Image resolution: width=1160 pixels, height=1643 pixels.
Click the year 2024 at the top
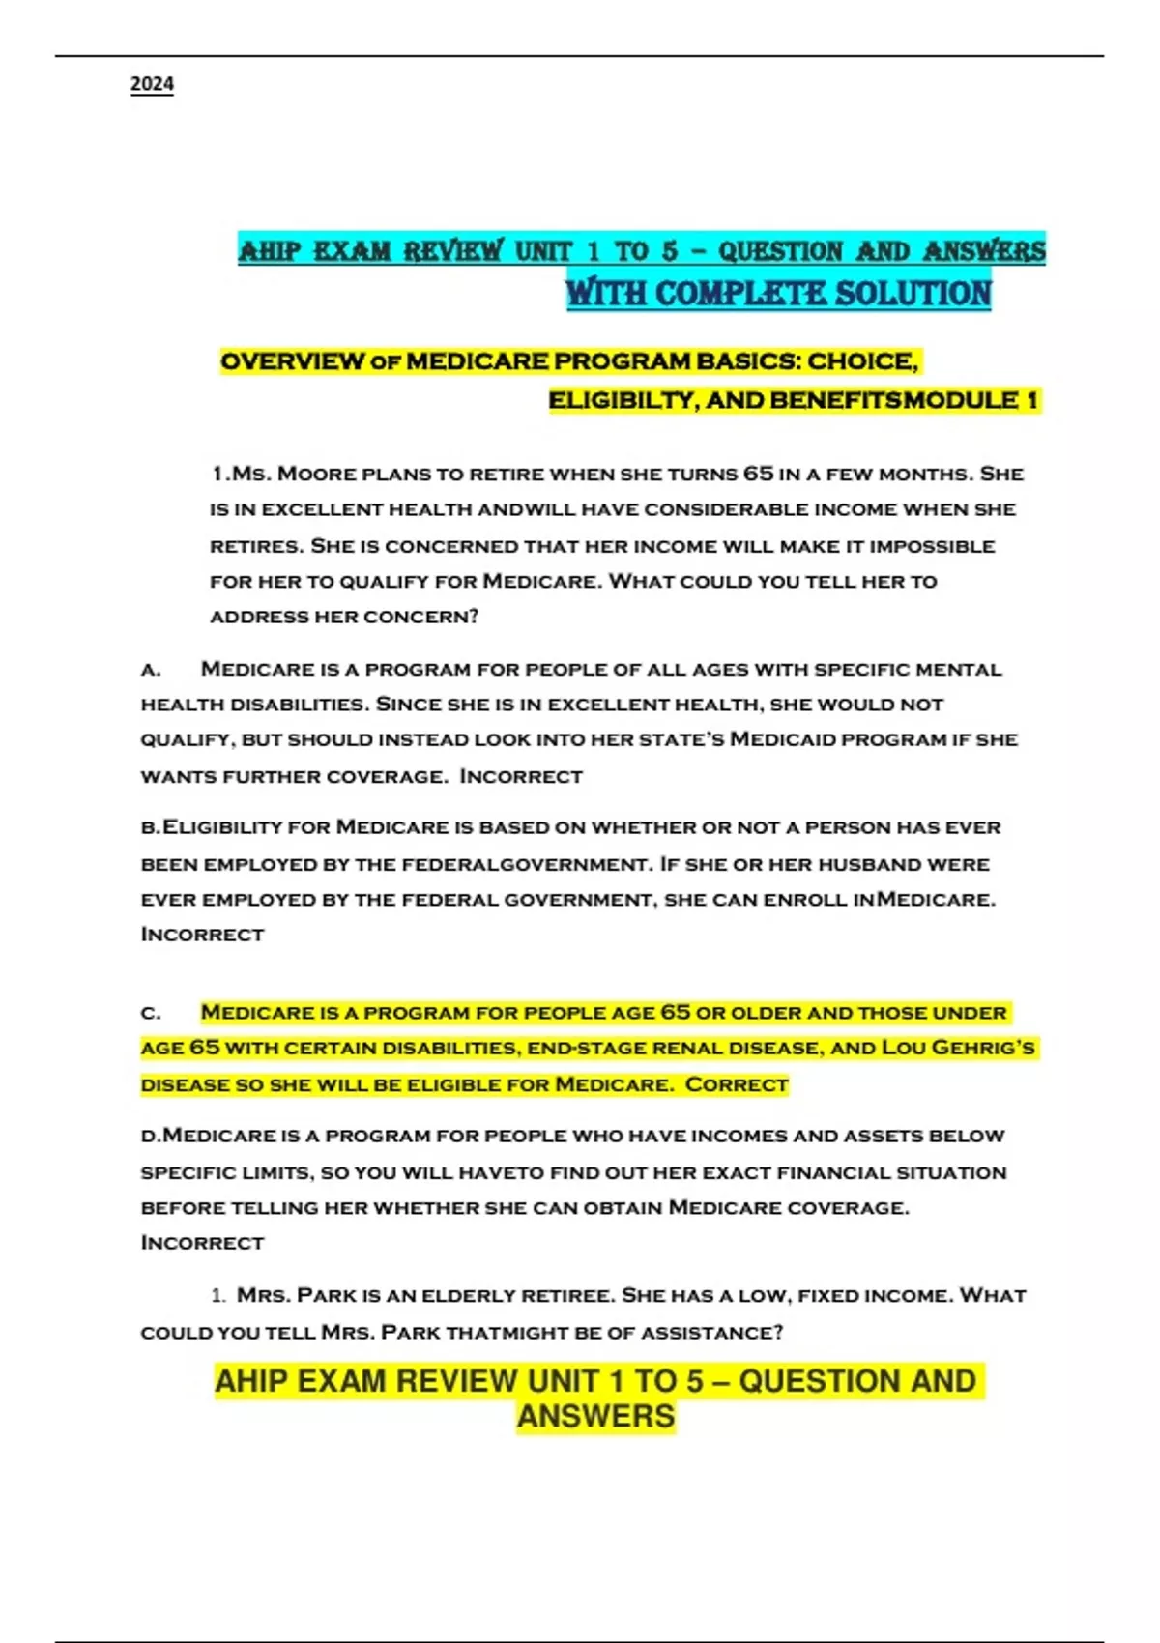coord(152,85)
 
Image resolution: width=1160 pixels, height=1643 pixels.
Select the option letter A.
coord(150,670)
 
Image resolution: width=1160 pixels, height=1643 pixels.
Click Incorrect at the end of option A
coord(521,777)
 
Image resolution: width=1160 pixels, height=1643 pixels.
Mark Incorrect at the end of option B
coord(202,935)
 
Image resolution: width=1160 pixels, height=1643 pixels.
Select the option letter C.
coord(150,1014)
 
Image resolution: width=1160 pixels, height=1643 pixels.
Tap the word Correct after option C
coord(737,1085)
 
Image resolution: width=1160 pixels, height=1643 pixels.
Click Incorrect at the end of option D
coord(202,1243)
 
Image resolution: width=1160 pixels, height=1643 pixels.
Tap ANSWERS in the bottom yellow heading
coord(595,1416)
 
